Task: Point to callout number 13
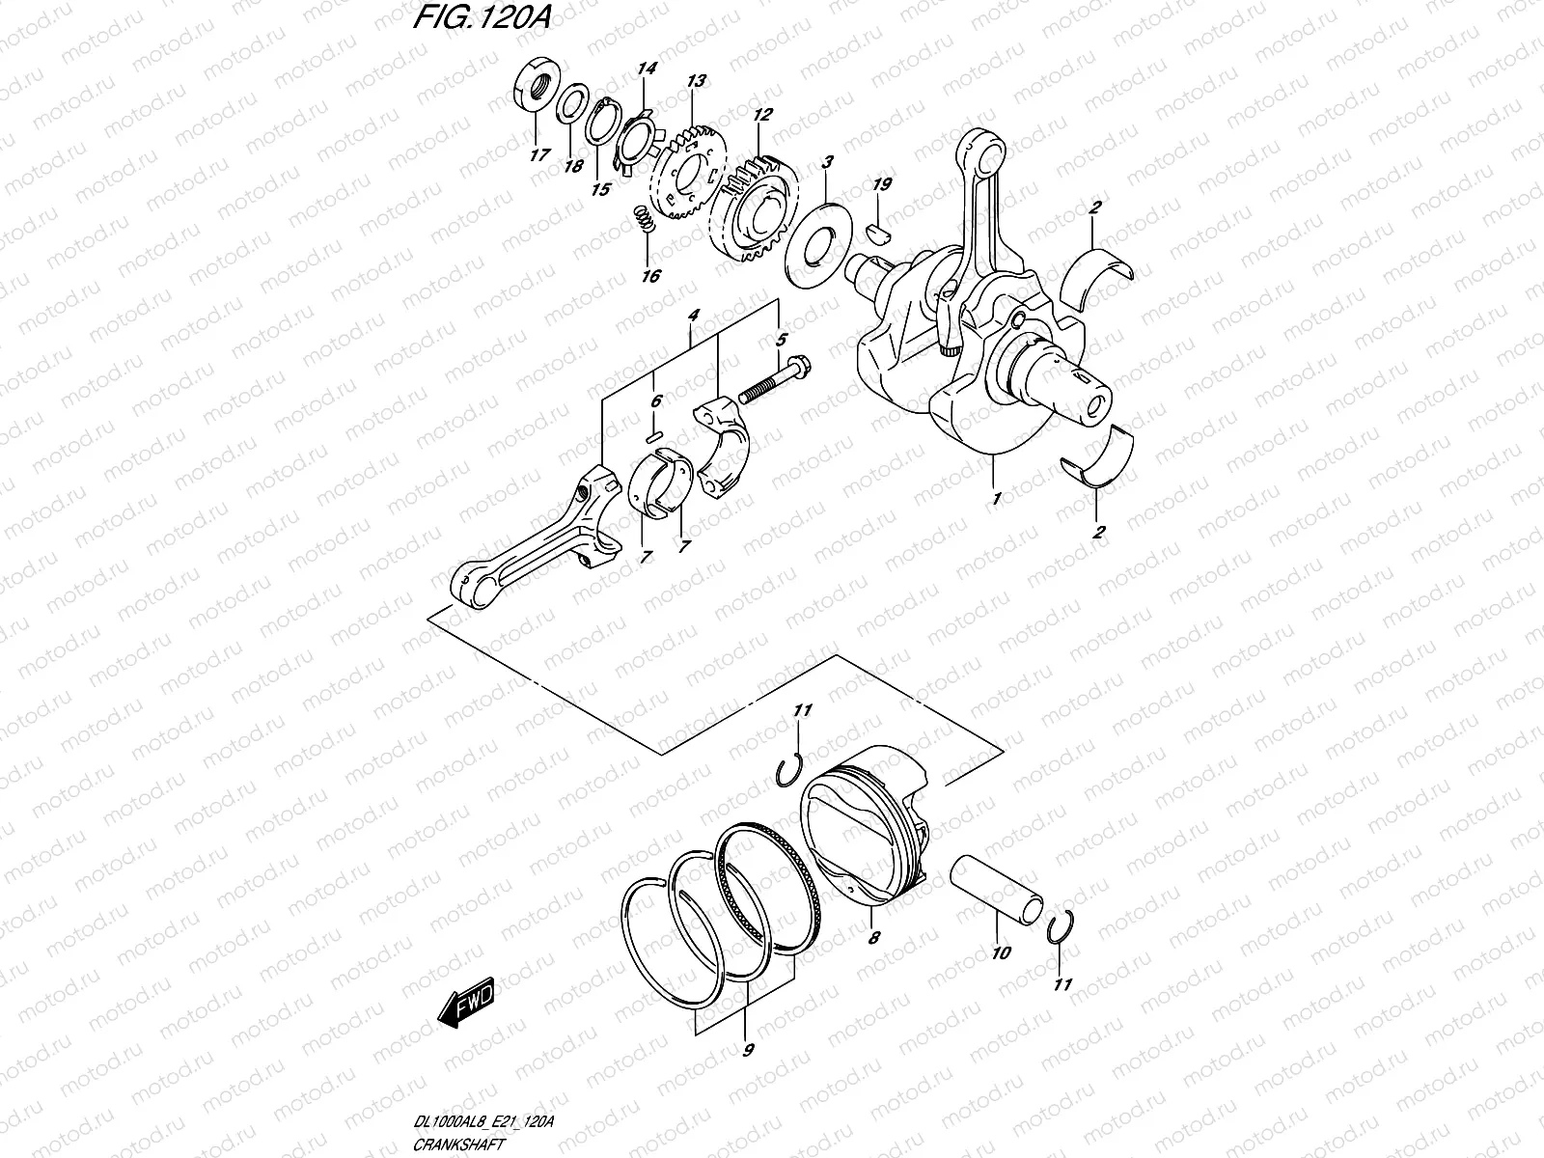click(696, 81)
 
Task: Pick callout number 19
click(881, 184)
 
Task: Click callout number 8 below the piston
click(874, 935)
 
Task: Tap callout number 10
click(1001, 952)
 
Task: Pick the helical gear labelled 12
click(757, 205)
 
